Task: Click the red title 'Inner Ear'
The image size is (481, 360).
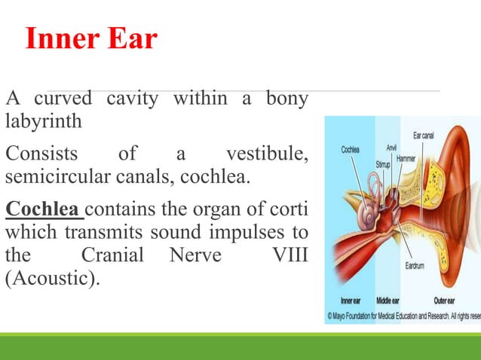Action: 91,39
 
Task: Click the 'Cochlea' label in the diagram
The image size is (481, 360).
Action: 350,150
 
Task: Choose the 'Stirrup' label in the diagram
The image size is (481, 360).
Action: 384,163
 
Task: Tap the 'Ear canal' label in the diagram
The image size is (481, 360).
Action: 423,136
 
